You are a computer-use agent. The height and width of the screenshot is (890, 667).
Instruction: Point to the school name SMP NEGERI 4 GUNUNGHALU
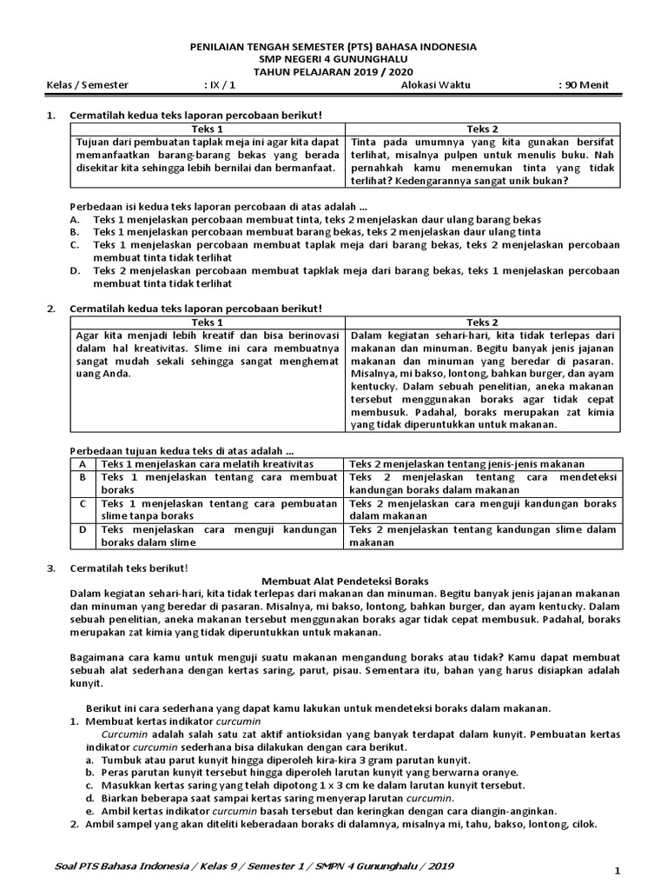333,60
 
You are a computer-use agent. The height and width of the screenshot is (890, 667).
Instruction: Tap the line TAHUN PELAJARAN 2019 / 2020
333,72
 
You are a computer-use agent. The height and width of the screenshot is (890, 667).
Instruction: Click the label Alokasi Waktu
432,85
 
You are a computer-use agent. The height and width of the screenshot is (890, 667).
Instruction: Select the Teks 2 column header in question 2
483,322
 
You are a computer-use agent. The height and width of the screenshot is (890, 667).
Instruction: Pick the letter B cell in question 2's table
82,477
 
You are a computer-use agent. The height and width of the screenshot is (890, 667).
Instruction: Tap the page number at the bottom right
616,870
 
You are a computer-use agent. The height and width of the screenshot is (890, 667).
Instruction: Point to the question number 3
50,568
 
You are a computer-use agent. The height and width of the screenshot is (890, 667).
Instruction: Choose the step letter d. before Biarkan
90,798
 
